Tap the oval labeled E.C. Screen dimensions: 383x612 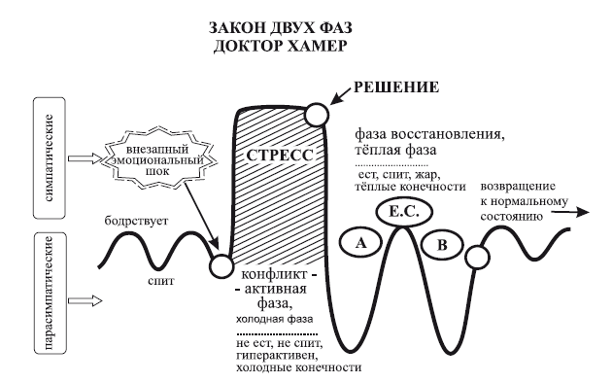[396, 213]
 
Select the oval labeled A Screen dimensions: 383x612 [359, 245]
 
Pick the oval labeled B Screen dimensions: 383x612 [442, 245]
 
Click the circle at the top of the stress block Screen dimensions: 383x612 [317, 115]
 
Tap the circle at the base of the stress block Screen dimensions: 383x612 [222, 264]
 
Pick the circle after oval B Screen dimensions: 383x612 [477, 257]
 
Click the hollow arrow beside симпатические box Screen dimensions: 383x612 [90, 160]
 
